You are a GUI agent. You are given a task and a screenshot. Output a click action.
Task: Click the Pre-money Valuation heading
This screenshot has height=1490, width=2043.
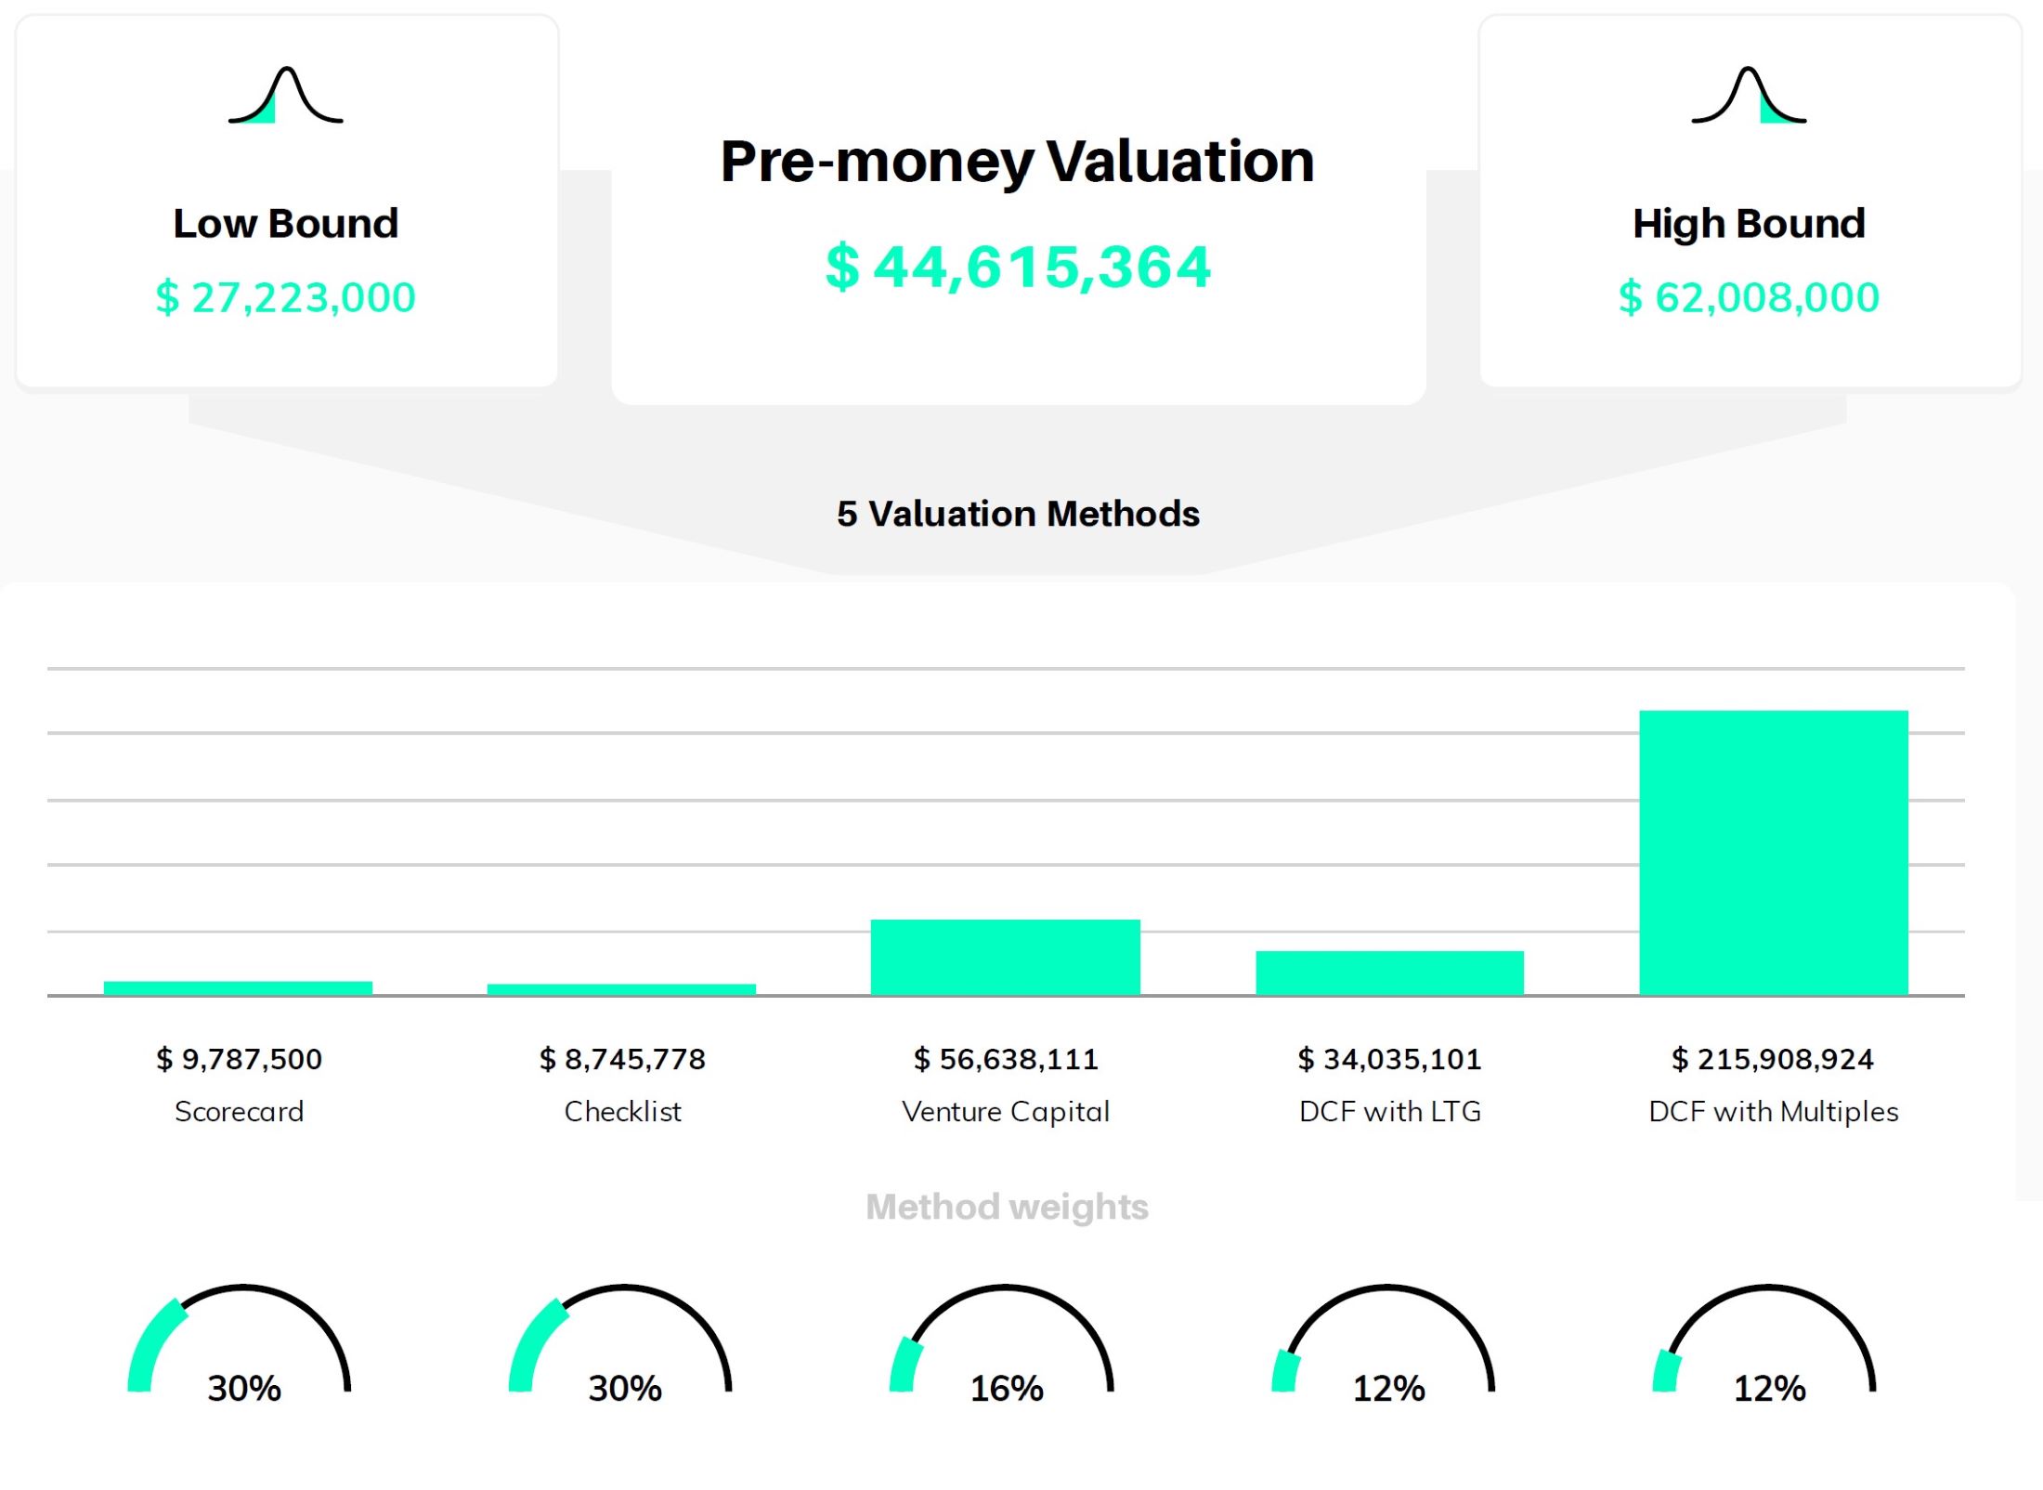click(1017, 162)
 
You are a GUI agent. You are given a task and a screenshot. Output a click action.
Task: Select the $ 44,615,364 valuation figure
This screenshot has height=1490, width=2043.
click(1018, 268)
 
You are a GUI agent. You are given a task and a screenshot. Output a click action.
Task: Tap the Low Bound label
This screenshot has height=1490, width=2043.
click(285, 224)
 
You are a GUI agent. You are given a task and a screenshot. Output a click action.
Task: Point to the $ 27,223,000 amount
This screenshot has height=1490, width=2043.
click(285, 298)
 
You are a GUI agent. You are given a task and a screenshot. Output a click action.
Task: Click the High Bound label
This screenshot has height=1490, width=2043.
click(1749, 224)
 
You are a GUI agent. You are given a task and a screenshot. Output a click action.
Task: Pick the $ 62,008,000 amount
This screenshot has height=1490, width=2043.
click(1749, 298)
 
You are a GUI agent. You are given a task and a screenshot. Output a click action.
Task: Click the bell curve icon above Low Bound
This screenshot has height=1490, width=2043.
click(285, 96)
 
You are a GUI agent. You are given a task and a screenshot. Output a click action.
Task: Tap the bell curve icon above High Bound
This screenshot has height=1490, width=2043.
click(1749, 96)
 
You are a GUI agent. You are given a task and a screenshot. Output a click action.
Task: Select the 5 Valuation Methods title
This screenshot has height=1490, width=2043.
click(1018, 514)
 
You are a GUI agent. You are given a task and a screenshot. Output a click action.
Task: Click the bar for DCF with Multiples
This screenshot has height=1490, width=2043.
click(1773, 852)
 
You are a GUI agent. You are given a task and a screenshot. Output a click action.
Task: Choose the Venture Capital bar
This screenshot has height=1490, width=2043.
click(1005, 957)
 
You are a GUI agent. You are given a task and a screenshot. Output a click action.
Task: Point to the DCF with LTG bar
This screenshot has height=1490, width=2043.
click(1389, 973)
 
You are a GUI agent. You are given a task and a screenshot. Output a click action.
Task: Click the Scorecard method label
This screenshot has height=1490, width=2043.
click(239, 1111)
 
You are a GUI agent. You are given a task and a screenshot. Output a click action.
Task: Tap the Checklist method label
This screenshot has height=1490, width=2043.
click(622, 1111)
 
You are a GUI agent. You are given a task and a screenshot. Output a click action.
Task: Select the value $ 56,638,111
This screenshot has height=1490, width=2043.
click(1006, 1059)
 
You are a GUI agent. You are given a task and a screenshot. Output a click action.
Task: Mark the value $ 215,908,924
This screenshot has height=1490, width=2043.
click(1773, 1059)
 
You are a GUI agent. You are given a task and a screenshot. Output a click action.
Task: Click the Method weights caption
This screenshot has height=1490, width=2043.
click(1007, 1207)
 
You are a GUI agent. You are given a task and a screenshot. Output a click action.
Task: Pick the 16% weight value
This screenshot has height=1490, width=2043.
click(1007, 1389)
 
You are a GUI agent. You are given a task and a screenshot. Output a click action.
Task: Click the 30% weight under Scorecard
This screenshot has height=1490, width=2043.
click(243, 1389)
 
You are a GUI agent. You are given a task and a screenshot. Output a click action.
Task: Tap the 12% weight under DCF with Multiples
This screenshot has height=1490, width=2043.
click(1770, 1389)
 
